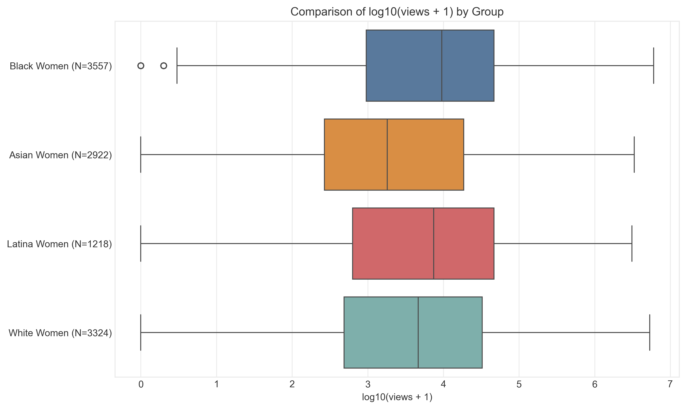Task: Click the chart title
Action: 397,12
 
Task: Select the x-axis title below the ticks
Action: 397,397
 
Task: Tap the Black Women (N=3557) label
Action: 61,66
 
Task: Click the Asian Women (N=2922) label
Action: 61,155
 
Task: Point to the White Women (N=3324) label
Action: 60,333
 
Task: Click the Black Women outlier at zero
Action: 141,66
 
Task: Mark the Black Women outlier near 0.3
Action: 164,66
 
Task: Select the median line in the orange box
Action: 387,155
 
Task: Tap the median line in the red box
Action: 434,244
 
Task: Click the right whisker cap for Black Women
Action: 653,66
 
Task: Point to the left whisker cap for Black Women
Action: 177,66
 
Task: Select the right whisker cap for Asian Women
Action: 634,155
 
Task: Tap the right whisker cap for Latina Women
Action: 632,244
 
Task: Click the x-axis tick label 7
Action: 670,385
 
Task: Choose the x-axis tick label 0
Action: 141,385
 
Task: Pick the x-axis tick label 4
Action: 443,385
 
